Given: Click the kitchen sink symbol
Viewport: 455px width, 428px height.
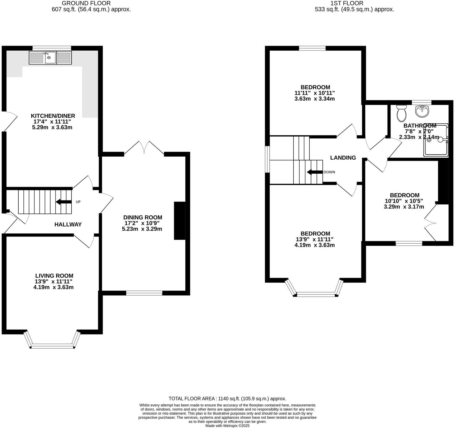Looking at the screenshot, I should pos(50,58).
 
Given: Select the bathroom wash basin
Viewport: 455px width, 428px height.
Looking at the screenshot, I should pos(422,111).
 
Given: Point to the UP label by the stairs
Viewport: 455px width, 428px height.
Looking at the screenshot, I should pos(78,202).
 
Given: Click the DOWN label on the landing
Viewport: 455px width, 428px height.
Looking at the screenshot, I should pos(329,172).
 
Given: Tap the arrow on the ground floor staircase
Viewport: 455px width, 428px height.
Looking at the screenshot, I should pos(63,202).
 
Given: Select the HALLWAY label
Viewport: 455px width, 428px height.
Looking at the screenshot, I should pos(68,224).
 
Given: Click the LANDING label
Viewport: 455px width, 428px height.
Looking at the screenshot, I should pos(343,158).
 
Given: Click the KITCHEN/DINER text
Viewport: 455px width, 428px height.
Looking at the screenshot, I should pos(53,116).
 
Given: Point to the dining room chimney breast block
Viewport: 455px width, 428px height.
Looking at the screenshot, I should pos(180,221).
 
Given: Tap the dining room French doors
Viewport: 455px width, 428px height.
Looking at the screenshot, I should pos(144,148).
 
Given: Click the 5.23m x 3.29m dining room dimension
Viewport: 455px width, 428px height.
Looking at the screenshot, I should pos(142,229).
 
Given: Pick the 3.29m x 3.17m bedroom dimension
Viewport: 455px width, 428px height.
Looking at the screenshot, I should pos(404,207).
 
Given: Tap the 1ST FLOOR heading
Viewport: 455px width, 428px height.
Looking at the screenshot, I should pos(347,3).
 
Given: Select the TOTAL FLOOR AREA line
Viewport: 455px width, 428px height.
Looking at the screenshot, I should pos(227,398).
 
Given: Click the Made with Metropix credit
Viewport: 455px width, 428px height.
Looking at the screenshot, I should pos(227,426).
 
